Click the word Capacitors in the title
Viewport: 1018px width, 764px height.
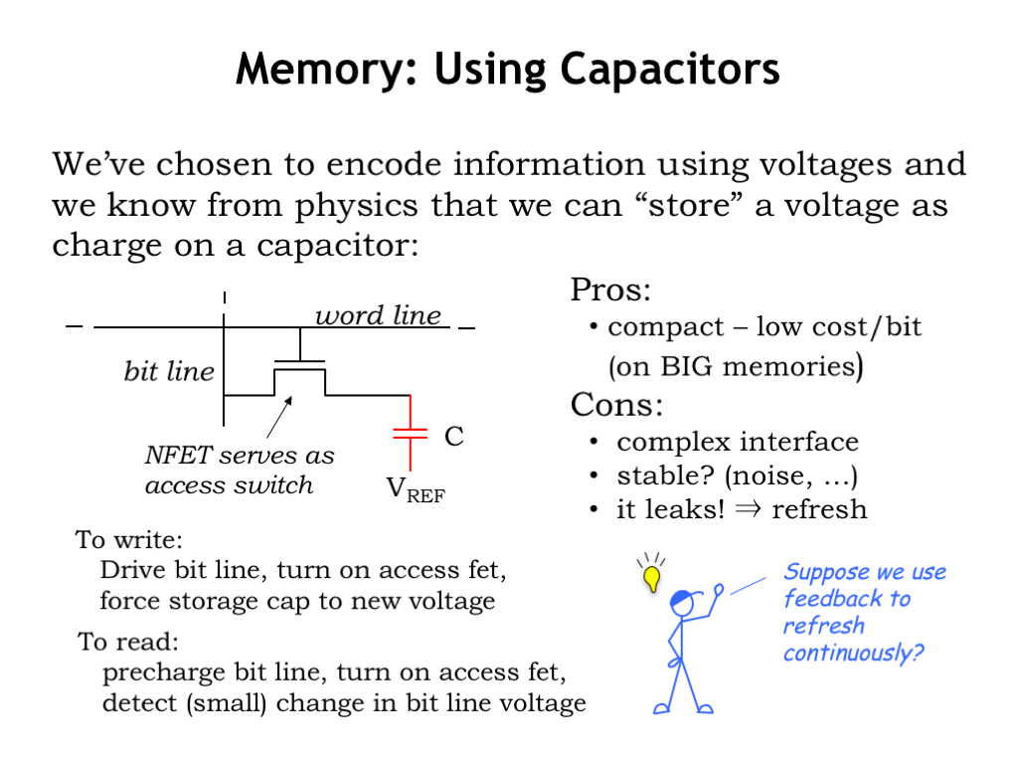(x=669, y=70)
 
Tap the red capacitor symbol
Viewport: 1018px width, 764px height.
(x=409, y=433)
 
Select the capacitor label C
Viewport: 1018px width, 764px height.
(x=453, y=436)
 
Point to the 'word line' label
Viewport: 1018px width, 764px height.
(x=378, y=316)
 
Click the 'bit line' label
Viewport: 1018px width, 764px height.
(x=169, y=372)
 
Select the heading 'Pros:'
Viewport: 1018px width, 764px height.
(x=610, y=291)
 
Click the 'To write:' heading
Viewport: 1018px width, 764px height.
(x=129, y=541)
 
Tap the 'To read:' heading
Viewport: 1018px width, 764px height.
(x=128, y=642)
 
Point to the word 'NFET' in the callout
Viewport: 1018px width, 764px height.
(x=177, y=457)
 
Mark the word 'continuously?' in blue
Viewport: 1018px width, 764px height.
(x=853, y=654)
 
